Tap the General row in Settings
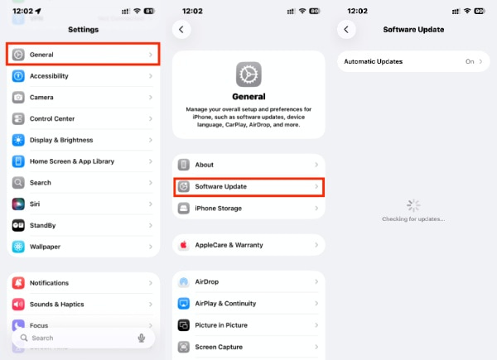point(83,55)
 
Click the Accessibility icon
point(18,76)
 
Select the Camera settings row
point(83,97)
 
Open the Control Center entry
point(83,118)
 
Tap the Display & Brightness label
point(61,140)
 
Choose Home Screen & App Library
point(83,161)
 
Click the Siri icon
point(18,204)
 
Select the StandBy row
point(83,225)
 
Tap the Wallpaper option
point(83,247)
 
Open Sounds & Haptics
point(83,304)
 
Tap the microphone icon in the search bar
point(142,338)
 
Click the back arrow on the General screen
point(182,29)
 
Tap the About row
point(248,166)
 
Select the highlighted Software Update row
point(248,187)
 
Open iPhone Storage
point(248,209)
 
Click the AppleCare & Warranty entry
point(248,245)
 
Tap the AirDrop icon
point(184,282)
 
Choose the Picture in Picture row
point(248,325)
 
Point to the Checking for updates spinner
point(413,205)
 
